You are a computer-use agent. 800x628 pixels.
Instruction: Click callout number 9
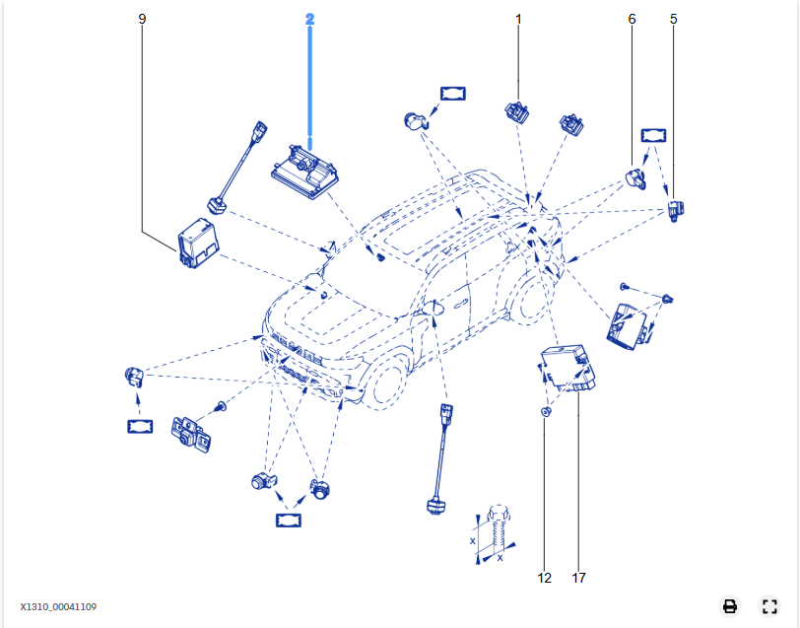click(142, 18)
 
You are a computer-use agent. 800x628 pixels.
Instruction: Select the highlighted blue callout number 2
click(309, 18)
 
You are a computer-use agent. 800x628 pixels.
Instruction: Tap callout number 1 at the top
click(519, 18)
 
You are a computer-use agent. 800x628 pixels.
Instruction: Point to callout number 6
click(632, 18)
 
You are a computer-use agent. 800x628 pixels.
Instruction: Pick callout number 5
click(674, 18)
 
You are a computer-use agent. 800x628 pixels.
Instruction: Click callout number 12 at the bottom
click(545, 578)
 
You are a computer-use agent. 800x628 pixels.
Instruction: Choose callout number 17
click(578, 578)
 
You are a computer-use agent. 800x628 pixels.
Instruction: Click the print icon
click(730, 605)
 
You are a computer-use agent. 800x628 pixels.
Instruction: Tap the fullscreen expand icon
click(769, 605)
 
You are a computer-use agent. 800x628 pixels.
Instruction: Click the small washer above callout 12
click(545, 410)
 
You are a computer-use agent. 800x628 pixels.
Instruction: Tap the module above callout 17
click(571, 367)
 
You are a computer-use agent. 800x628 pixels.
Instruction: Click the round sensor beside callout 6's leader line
click(633, 179)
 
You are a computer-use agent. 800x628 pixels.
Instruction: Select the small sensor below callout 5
click(677, 208)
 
